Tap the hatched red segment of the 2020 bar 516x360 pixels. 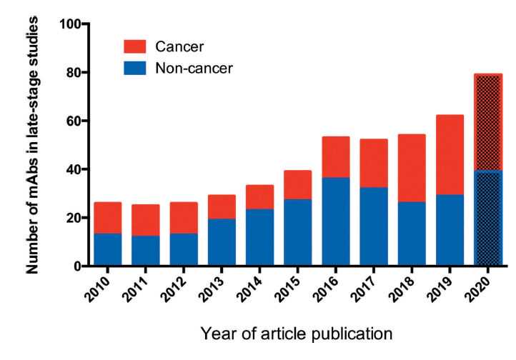(x=488, y=122)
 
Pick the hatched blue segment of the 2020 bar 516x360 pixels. (x=488, y=218)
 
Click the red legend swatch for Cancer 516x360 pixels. (x=134, y=46)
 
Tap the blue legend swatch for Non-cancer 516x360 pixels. (x=134, y=69)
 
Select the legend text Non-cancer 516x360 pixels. (x=194, y=69)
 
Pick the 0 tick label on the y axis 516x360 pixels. (x=77, y=266)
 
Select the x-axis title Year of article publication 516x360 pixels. (x=297, y=333)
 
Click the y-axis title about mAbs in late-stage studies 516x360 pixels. (x=33, y=146)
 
